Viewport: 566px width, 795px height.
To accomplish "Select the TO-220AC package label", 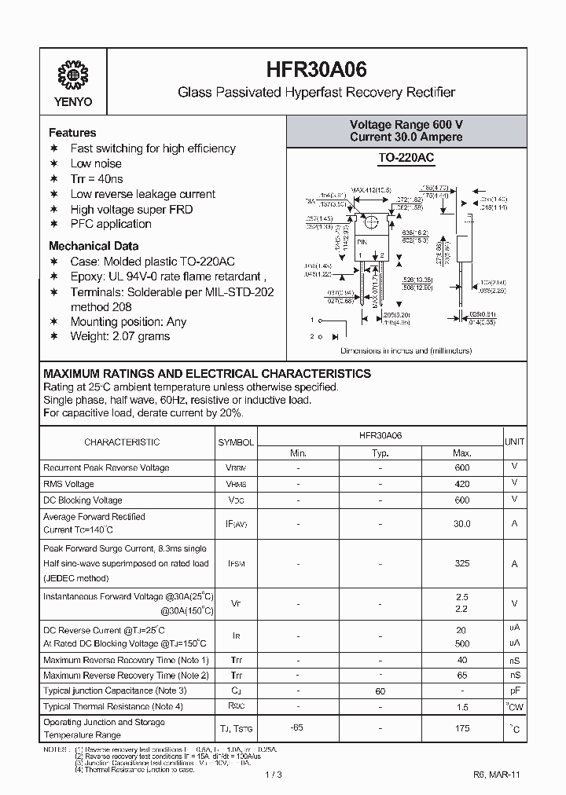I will click(x=406, y=159).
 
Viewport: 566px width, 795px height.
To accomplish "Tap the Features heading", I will click(x=72, y=133).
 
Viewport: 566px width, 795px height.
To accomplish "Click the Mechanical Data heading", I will click(x=94, y=246).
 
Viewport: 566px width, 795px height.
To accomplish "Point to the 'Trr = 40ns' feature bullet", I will click(x=97, y=179).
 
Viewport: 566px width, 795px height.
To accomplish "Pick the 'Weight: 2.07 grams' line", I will click(x=119, y=336).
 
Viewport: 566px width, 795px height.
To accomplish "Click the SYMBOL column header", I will click(x=236, y=442).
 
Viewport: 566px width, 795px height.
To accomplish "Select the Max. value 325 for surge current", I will click(x=461, y=563).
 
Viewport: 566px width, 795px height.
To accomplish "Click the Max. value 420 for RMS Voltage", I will click(x=461, y=484).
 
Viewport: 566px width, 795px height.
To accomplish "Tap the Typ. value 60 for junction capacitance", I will click(x=380, y=691).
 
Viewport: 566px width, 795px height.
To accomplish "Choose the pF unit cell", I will click(x=514, y=691).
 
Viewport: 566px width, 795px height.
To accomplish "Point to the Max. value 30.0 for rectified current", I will click(x=461, y=523).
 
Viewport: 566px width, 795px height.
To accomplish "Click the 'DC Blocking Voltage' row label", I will click(x=83, y=500).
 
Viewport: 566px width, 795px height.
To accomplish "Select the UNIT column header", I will click(x=515, y=442).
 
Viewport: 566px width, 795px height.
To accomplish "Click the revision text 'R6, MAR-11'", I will click(x=496, y=775).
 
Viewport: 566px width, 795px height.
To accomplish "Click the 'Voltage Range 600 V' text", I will click(x=406, y=125).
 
